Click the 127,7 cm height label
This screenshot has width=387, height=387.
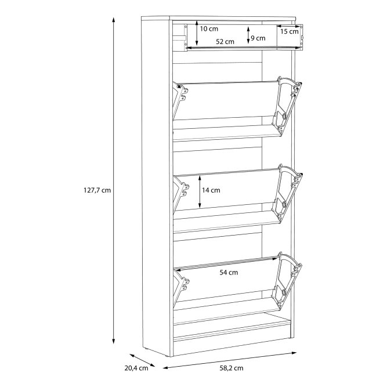(97, 190)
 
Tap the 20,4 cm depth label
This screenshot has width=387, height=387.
(136, 368)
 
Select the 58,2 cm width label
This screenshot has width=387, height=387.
(232, 368)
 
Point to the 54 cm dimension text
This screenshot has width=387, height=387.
(229, 272)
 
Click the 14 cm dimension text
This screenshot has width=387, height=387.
(211, 190)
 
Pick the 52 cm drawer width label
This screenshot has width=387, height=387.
(225, 42)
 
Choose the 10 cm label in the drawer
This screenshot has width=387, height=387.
(209, 29)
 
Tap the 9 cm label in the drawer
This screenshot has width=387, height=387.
(258, 38)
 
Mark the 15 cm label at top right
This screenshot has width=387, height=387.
(290, 31)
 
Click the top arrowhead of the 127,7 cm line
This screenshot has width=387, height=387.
(113, 19)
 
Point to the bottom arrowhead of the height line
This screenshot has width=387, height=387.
(113, 341)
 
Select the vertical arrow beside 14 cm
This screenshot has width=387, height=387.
(200, 191)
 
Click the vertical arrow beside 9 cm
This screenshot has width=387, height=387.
(248, 35)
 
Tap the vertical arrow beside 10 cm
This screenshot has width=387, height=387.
(197, 33)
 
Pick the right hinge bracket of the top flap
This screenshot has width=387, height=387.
(286, 105)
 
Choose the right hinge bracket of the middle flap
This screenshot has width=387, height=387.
(287, 193)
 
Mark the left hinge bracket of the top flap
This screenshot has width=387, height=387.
(180, 100)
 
